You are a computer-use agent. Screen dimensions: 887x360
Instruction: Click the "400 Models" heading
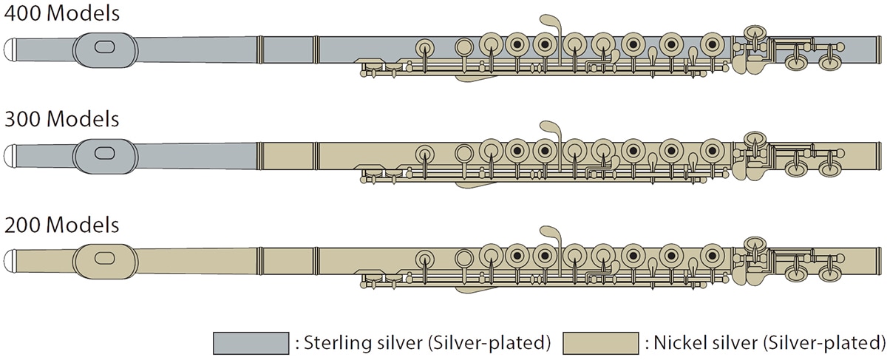(x=62, y=13)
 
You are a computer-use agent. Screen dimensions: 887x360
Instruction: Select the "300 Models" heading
(x=62, y=119)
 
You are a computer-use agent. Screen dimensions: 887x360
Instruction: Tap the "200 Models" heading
(x=62, y=225)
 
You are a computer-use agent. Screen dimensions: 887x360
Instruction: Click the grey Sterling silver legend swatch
(x=251, y=343)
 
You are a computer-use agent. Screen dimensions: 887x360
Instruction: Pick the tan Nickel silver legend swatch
(x=601, y=343)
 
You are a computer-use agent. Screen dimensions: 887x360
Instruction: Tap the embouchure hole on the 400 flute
(x=105, y=47)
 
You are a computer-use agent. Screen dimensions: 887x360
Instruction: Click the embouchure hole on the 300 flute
(x=105, y=153)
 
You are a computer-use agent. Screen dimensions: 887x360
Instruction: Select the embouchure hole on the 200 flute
(x=105, y=258)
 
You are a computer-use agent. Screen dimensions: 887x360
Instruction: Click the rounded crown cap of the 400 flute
(x=10, y=50)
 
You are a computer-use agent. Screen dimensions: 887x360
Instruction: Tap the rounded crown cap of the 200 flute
(x=10, y=261)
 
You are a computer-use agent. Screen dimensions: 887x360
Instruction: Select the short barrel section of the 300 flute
(x=288, y=156)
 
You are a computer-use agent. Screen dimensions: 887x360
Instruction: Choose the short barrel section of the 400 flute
(x=288, y=50)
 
